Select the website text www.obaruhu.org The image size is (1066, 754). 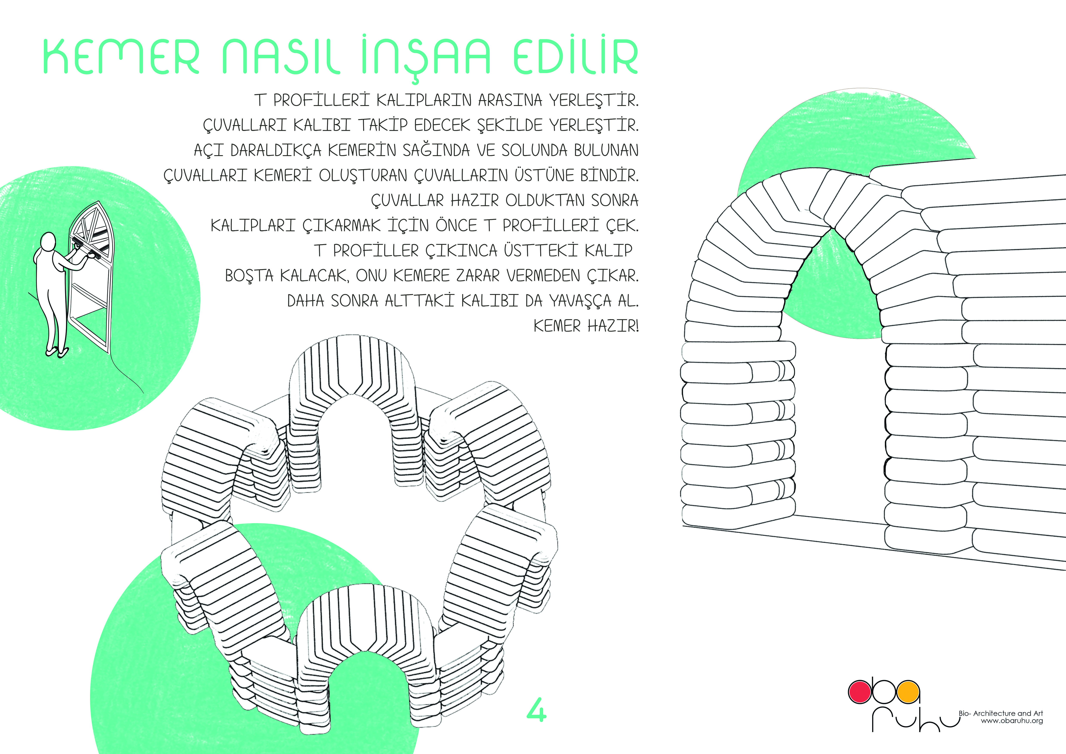click(x=1012, y=721)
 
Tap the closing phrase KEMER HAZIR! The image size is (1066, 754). click(x=586, y=326)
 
